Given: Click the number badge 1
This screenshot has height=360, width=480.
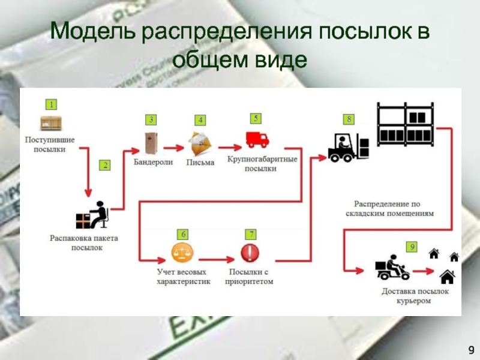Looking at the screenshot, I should pos(52,104).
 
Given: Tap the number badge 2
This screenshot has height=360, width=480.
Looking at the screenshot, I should pos(105,166).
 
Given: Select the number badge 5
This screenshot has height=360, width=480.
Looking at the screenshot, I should pos(256,118).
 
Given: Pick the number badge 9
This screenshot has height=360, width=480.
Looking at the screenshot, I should pos(412,247).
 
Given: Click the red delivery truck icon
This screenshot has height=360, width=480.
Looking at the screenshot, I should pos(257,139).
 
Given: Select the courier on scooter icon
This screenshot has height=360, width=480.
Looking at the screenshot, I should pos(392,268).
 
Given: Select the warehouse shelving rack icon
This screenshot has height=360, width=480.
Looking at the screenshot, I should pos(405,125).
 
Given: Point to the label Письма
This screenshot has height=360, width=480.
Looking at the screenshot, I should pos(200,163).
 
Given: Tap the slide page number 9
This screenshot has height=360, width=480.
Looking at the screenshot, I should pos(471,349).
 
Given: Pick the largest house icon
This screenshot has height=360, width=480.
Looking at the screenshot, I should pos(447,277).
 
